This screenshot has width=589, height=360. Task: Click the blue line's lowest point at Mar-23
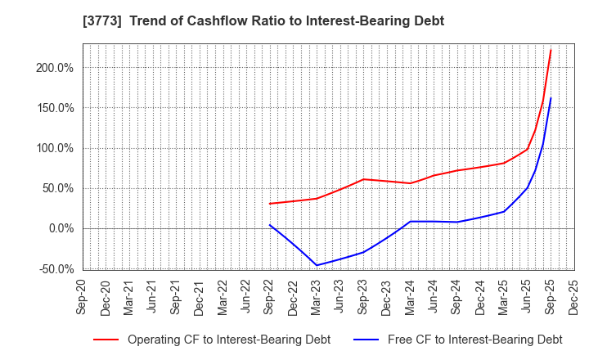tap(317, 265)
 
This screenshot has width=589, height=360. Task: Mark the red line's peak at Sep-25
tap(551, 50)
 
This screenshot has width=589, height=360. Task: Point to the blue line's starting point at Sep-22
tap(270, 225)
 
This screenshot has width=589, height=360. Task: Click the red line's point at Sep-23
tap(363, 179)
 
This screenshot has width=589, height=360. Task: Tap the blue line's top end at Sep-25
tap(551, 98)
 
